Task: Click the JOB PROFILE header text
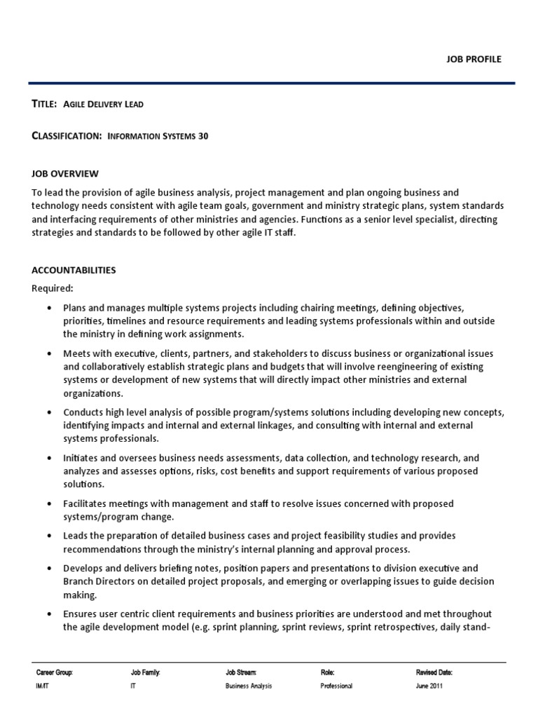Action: coord(475,59)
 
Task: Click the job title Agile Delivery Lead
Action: coord(104,104)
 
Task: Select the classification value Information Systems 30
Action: coord(158,137)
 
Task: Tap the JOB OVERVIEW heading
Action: coord(65,173)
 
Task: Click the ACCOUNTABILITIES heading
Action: coord(74,270)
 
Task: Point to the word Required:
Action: coord(53,287)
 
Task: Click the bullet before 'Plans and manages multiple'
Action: coord(48,308)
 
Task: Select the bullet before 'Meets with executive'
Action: coord(48,354)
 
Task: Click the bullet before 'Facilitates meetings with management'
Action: coord(48,503)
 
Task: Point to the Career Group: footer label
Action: coord(54,672)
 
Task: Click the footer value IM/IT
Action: coord(44,686)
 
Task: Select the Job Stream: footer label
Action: coord(241,672)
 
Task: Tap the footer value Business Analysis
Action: coord(249,686)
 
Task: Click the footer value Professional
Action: coord(336,686)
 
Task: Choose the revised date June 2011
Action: coord(429,686)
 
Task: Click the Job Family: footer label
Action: coord(146,672)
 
